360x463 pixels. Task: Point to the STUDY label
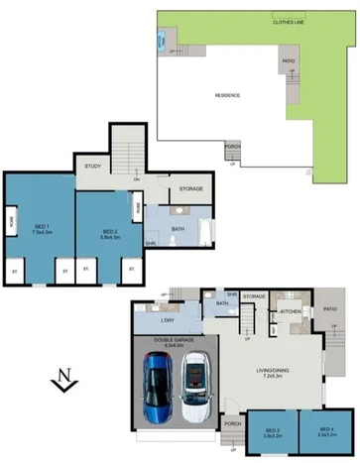(x=93, y=167)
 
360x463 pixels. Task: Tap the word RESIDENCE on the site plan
(x=228, y=95)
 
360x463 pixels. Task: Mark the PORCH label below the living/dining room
(x=234, y=423)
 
